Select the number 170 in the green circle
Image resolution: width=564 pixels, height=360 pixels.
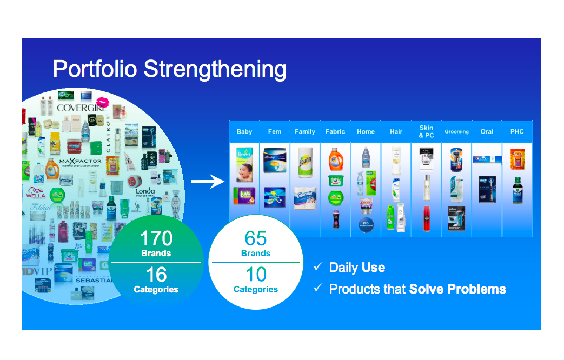point(156,238)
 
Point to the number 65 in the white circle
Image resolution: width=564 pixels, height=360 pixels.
point(256,238)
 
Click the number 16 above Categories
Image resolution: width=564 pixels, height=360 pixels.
point(156,275)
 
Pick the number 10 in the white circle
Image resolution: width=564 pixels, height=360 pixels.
point(256,275)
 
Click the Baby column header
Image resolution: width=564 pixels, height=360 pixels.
point(244,131)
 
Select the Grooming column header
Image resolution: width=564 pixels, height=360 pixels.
point(456,131)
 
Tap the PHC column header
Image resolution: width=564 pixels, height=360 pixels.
point(517,131)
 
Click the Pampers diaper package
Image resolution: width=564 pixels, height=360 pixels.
point(244,165)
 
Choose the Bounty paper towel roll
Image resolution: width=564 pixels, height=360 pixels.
point(305,161)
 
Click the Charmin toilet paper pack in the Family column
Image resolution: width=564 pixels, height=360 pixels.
point(305,198)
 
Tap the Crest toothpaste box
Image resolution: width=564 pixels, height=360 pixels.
point(487,159)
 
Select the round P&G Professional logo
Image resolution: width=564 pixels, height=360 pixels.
point(366,225)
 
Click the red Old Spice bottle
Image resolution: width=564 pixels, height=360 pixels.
point(427,218)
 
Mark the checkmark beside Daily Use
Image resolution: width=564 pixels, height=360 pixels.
point(318,266)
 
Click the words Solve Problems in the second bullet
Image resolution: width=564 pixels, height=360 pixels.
point(457,289)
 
